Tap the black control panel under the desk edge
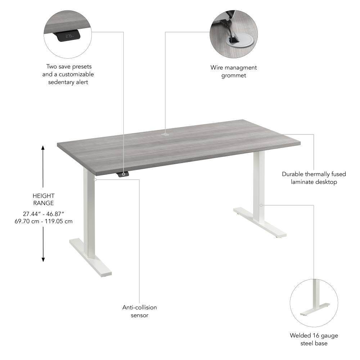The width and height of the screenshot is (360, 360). coord(123,175)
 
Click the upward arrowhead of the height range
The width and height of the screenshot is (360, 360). coord(43,148)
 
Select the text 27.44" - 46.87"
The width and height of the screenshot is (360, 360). coord(43,213)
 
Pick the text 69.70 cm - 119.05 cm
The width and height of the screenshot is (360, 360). coord(43,221)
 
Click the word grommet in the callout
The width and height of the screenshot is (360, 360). coord(233,75)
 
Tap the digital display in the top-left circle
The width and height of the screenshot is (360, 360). coord(69,36)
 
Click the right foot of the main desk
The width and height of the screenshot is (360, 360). coord(260,222)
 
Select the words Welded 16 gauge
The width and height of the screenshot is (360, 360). coord(314,336)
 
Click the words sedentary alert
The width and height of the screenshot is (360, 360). coord(68,82)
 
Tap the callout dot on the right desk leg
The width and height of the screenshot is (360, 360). coord(261,205)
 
